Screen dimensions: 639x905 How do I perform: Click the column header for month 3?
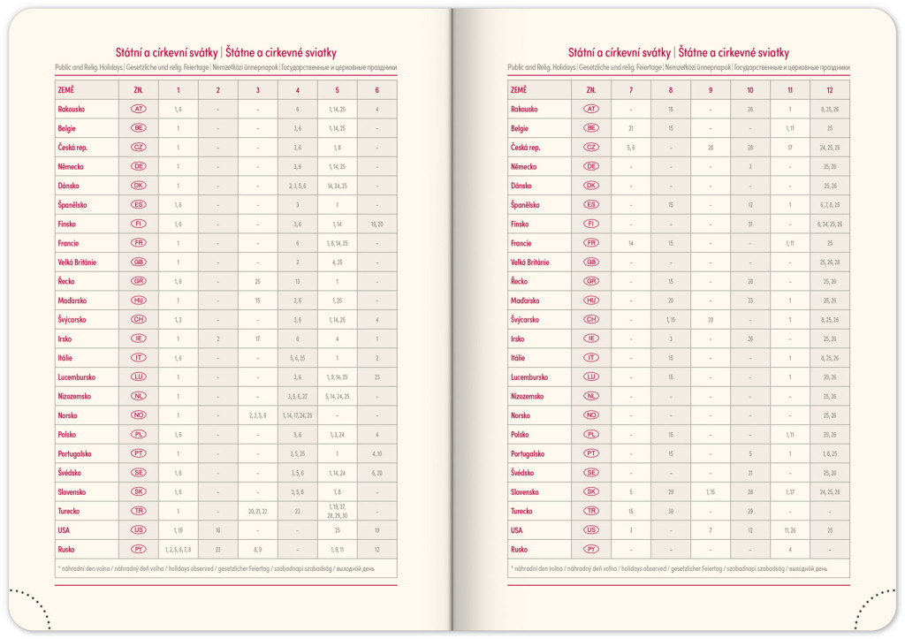tap(257, 90)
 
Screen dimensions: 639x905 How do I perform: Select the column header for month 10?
tap(749, 90)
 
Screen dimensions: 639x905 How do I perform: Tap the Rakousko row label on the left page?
tap(70, 109)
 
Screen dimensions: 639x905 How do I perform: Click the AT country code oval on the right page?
tap(591, 109)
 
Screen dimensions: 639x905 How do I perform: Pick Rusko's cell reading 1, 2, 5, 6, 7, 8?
tap(178, 550)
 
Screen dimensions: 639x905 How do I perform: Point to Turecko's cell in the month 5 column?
tap(337, 511)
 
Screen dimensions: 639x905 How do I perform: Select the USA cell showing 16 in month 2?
tap(217, 530)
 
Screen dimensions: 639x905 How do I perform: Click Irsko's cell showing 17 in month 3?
tap(257, 339)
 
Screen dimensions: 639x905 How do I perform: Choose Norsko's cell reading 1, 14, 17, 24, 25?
tap(297, 415)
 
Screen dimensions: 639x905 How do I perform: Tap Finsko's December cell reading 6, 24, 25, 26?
tap(830, 224)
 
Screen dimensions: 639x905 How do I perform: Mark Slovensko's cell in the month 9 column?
tap(711, 492)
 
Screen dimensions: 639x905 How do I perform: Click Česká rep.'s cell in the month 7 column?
tap(630, 148)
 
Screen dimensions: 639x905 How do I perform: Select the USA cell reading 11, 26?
tap(789, 530)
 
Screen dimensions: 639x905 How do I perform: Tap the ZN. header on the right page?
tap(591, 90)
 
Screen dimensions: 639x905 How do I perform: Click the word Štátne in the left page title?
tap(247, 53)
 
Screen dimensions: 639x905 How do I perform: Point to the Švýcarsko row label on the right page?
tap(525, 319)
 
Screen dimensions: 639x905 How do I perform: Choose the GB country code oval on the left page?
tap(139, 262)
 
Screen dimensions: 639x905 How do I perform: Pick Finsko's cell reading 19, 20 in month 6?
tap(376, 224)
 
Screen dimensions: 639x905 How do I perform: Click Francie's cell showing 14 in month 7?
tap(630, 243)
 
